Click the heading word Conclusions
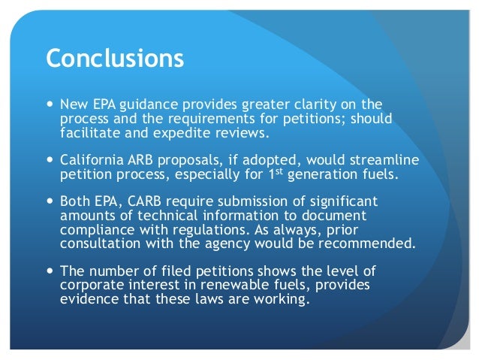click(x=116, y=59)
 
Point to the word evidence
click(x=89, y=296)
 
